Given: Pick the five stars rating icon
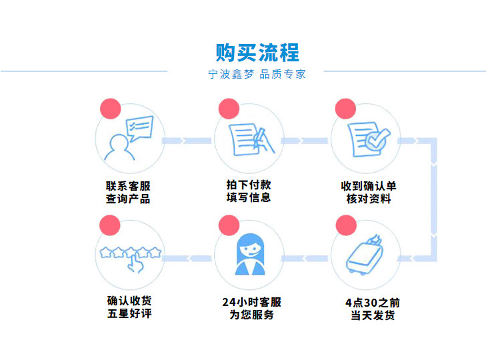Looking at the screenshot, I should [x=130, y=257].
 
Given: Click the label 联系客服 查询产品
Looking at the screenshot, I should [x=128, y=192].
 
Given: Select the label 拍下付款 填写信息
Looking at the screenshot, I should [x=248, y=191].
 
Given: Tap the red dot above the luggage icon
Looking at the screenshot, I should [x=345, y=225].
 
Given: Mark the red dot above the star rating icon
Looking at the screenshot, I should [x=109, y=225].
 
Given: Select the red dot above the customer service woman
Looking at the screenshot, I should [x=228, y=225].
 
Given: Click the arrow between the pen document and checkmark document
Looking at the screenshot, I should [x=306, y=141].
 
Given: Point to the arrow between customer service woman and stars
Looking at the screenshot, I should [x=189, y=257].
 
